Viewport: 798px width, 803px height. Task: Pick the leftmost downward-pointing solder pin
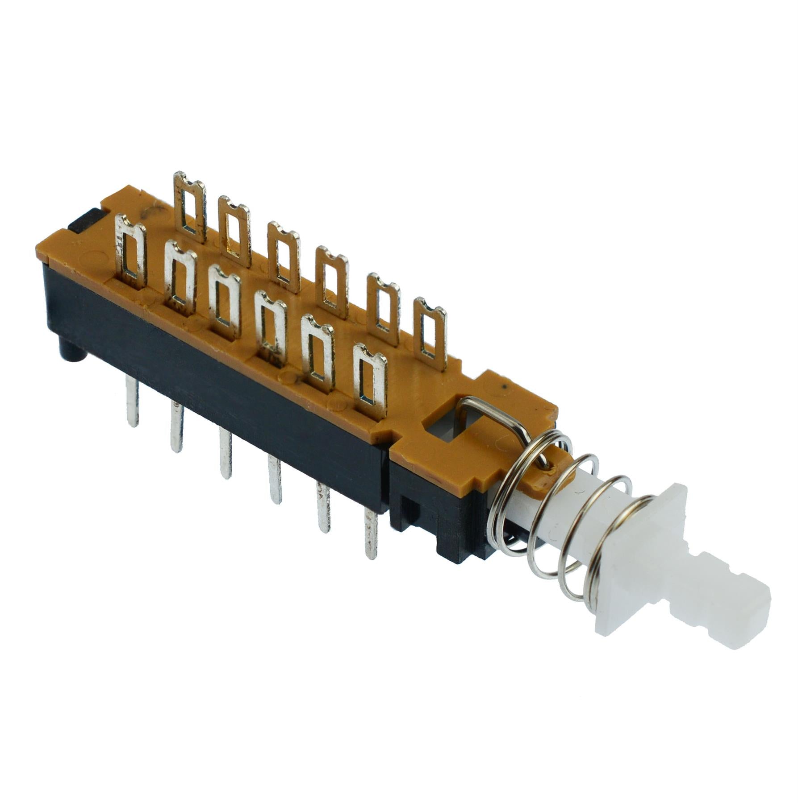tap(132, 401)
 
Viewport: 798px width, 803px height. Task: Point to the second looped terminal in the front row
tap(180, 277)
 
